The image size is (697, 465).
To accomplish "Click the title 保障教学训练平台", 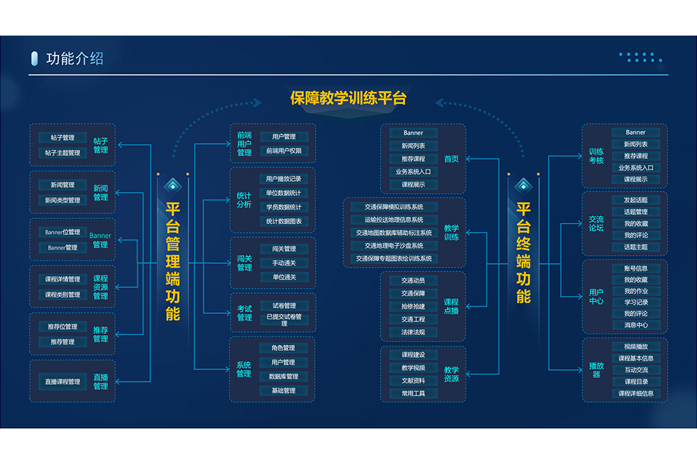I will click(x=348, y=98).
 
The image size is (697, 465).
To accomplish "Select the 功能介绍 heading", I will click(x=75, y=59).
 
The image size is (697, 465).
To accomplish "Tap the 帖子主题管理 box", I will click(x=63, y=153).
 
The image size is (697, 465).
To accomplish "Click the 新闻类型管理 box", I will click(x=63, y=200).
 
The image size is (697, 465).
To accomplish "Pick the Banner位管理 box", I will click(x=63, y=232).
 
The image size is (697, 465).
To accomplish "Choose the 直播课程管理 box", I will click(x=63, y=381).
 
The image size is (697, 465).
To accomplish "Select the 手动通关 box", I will click(x=284, y=263).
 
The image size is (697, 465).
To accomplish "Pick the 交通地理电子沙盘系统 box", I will click(x=394, y=245).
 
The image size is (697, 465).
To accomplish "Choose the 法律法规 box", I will click(x=413, y=332).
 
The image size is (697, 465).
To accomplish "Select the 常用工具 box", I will click(x=413, y=393).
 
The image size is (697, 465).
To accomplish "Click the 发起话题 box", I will click(x=636, y=200).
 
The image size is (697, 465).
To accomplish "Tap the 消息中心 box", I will click(x=636, y=325).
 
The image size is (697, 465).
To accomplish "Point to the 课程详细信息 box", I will click(x=636, y=393).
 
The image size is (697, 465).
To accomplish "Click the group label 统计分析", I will click(x=244, y=200).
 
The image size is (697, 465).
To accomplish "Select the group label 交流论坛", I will click(x=596, y=223).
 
